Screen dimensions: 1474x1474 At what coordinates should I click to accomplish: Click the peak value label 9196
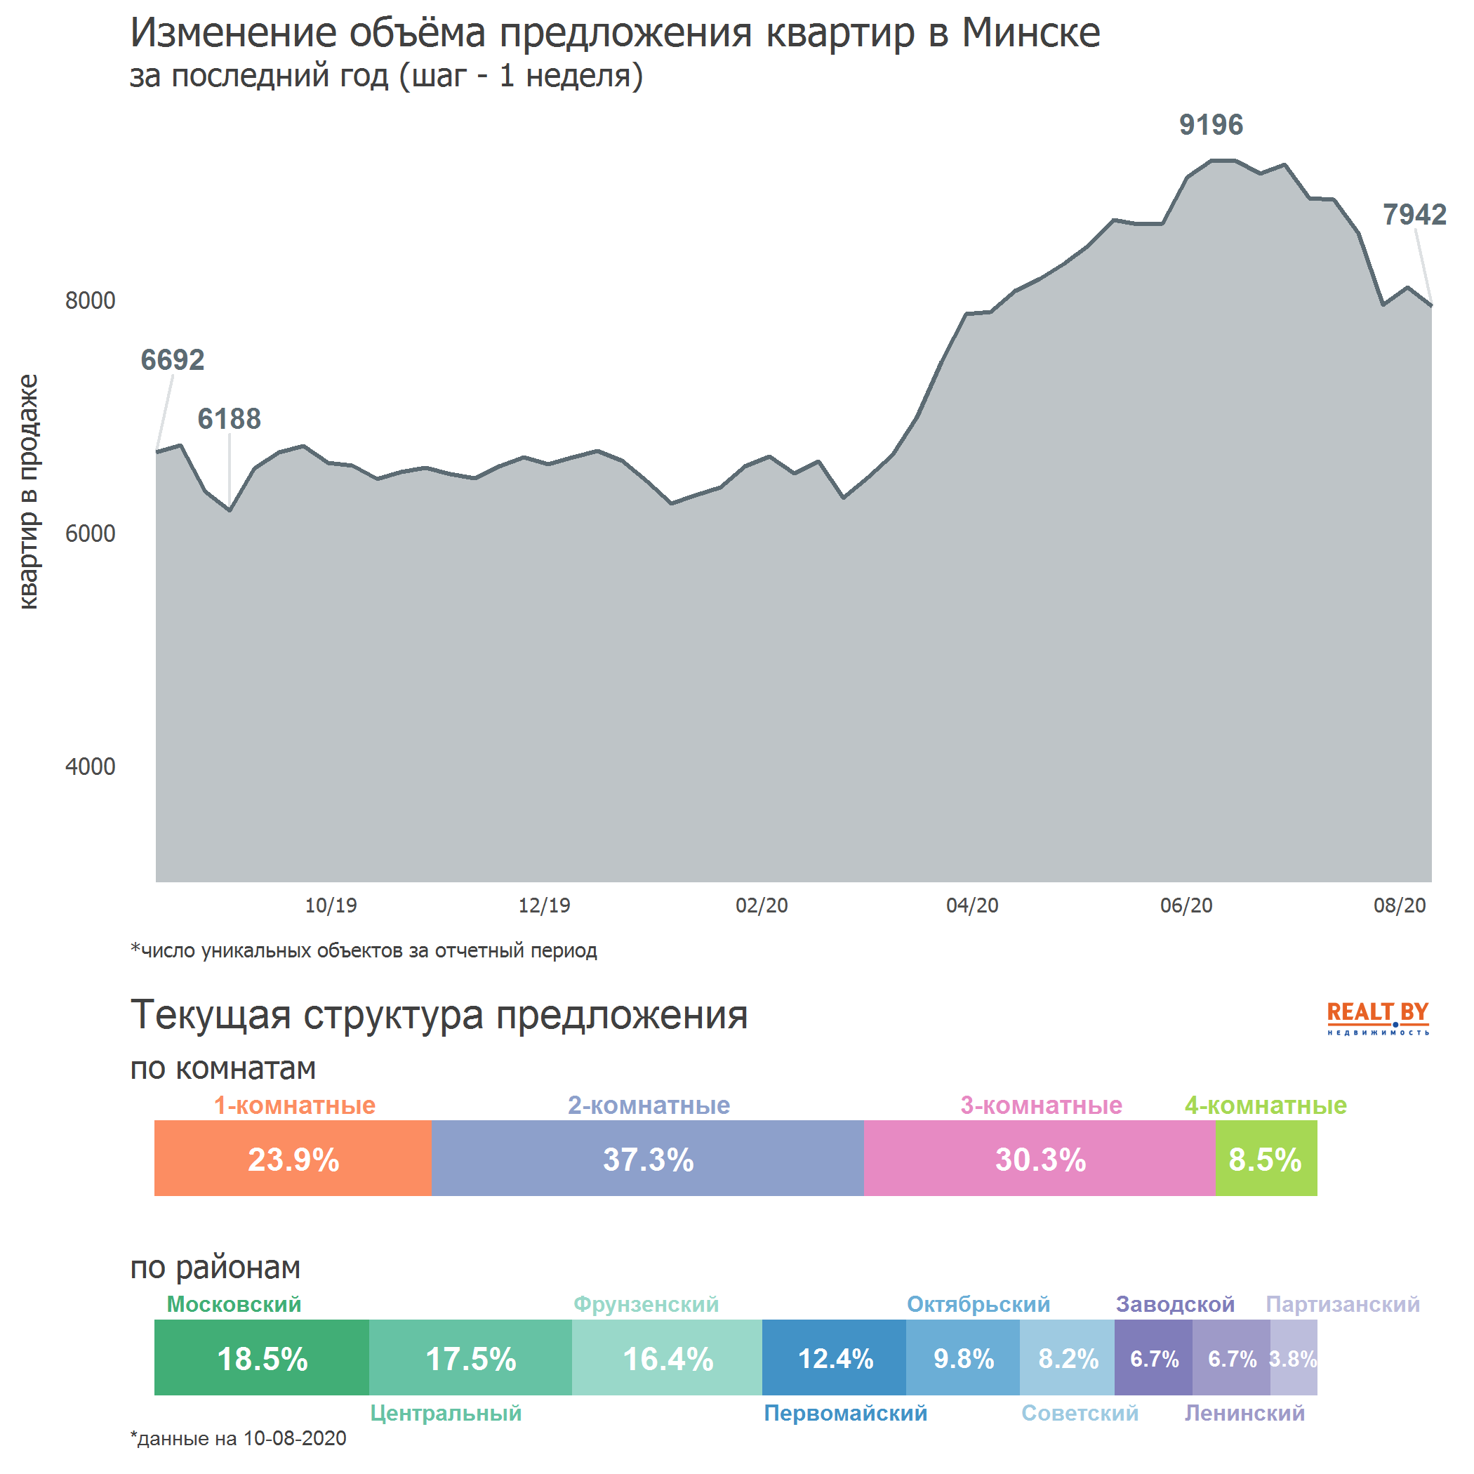pyautogui.click(x=1210, y=124)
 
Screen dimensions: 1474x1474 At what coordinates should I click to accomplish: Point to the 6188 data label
pyautogui.click(x=229, y=419)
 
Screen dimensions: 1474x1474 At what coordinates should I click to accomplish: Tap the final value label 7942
pyautogui.click(x=1414, y=215)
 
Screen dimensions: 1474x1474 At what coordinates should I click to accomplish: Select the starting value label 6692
pyautogui.click(x=173, y=360)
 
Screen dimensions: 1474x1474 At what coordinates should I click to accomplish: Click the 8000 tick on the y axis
pyautogui.click(x=90, y=300)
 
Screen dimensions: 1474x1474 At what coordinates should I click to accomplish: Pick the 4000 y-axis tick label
pyautogui.click(x=90, y=766)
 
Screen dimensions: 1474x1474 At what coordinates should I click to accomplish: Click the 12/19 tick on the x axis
pyautogui.click(x=544, y=905)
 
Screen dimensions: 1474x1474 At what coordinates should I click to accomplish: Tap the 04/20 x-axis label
pyautogui.click(x=972, y=905)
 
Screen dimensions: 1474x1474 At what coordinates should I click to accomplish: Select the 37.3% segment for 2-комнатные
pyautogui.click(x=648, y=1160)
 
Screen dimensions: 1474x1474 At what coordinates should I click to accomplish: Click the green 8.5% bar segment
pyautogui.click(x=1265, y=1160)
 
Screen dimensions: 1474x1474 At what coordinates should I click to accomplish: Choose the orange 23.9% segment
pyautogui.click(x=293, y=1160)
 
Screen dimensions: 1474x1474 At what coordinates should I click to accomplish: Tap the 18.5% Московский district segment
pyautogui.click(x=262, y=1359)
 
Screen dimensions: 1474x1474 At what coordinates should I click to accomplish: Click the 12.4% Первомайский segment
pyautogui.click(x=835, y=1359)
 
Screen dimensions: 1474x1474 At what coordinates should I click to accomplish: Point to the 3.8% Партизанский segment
pyautogui.click(x=1293, y=1359)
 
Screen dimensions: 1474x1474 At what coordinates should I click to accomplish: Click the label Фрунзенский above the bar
pyautogui.click(x=646, y=1304)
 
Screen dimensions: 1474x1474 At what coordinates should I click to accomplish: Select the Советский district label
pyautogui.click(x=1080, y=1413)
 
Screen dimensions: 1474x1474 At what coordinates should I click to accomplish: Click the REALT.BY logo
pyautogui.click(x=1377, y=1017)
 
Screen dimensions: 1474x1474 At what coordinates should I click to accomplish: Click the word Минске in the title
pyautogui.click(x=1030, y=34)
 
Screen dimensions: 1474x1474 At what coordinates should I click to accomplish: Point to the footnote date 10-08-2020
pyautogui.click(x=295, y=1439)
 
